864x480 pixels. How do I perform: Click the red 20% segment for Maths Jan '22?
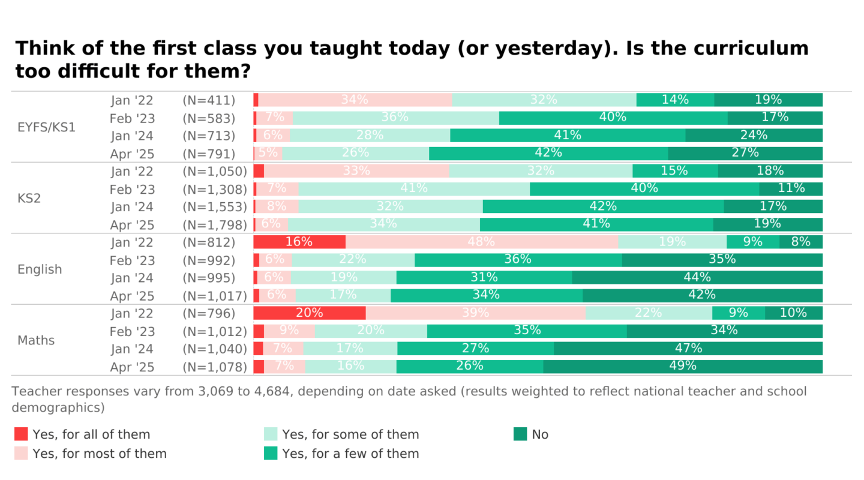309,313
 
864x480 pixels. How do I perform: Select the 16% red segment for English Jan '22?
299,242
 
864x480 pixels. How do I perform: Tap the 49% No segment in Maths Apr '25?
683,367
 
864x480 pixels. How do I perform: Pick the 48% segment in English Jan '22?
481,242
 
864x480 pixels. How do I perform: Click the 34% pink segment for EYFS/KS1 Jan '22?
355,100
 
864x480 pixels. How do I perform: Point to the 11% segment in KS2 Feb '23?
791,189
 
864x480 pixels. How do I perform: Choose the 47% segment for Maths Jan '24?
688,349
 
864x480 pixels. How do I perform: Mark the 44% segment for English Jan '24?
697,278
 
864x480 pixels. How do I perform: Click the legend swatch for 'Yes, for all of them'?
21,434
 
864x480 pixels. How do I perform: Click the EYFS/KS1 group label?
47,127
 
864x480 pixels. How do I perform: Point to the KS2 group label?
29,198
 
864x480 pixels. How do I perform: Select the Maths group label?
36,340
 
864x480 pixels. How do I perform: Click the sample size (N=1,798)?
215,225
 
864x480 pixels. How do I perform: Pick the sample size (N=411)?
209,100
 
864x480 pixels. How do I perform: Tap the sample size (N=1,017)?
215,296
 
